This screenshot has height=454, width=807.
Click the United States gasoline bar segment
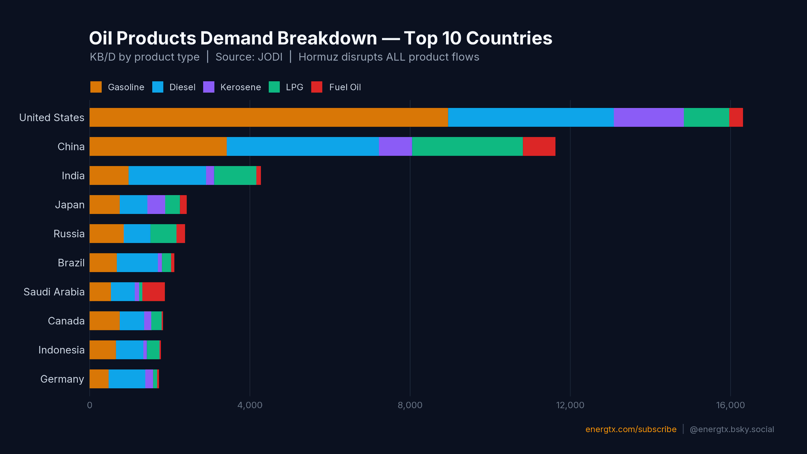269,117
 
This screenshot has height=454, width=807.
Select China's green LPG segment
467,146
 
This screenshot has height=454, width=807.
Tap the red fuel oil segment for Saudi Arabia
153,292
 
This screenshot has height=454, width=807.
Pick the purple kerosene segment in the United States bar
649,117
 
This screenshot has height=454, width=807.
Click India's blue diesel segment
167,175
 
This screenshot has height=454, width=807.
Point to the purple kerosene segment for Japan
156,205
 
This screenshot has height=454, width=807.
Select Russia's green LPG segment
163,234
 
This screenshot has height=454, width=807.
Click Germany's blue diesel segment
127,379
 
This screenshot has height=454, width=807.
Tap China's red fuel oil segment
539,146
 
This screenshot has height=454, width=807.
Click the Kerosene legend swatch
209,87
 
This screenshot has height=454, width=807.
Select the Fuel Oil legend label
345,87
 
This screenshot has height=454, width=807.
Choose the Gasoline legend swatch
96,87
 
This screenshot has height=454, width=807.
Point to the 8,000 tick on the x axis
410,405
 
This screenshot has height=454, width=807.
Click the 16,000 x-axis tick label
730,405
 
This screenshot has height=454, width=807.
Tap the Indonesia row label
61,350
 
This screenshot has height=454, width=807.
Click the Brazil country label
71,263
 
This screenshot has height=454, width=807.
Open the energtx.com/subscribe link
630,429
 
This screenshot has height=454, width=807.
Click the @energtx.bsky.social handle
731,429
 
